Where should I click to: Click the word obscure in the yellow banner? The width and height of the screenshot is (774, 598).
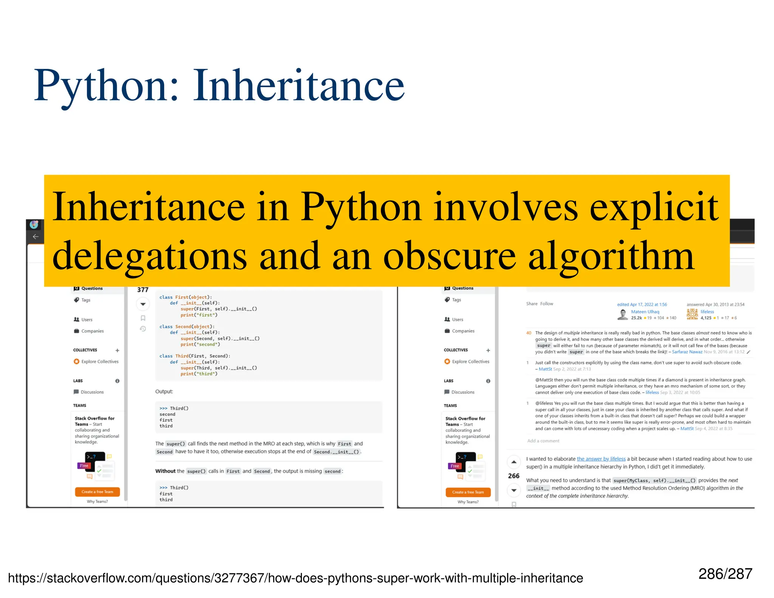click(449, 257)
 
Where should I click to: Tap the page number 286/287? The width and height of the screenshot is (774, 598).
click(725, 574)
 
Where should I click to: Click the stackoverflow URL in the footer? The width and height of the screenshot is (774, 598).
click(295, 578)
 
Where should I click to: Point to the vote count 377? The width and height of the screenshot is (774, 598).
click(142, 290)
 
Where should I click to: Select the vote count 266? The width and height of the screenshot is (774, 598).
click(514, 476)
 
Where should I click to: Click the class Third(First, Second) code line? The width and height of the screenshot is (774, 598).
click(195, 356)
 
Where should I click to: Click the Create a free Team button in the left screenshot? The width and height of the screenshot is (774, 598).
click(97, 492)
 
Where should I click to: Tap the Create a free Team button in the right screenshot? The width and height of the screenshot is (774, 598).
click(468, 492)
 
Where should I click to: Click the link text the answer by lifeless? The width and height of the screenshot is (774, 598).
click(601, 459)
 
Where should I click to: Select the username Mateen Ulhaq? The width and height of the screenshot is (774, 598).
click(645, 312)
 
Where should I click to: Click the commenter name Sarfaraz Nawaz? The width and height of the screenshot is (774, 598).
click(687, 352)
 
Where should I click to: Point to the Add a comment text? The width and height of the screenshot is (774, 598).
click(543, 441)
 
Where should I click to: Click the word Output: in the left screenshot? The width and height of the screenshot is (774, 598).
click(164, 392)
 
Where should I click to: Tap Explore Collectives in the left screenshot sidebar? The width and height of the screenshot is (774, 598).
click(100, 362)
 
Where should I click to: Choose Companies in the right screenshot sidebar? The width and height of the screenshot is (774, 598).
click(463, 331)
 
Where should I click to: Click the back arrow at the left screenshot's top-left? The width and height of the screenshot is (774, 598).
click(36, 237)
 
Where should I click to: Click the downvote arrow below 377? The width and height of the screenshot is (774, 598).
click(143, 304)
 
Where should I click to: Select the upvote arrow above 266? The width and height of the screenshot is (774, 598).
click(514, 462)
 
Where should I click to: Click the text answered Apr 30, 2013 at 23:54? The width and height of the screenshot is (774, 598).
click(715, 305)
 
